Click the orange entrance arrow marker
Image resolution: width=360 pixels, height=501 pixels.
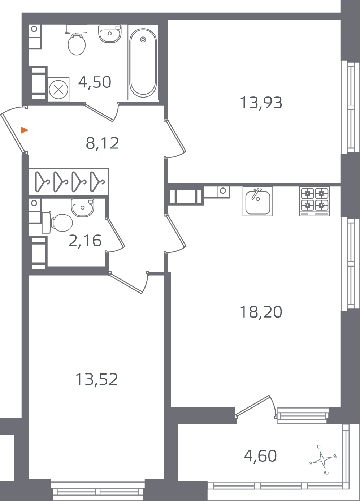coord(24,130)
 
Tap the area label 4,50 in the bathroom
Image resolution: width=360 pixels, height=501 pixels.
coord(95,82)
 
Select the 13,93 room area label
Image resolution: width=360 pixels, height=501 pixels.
coord(261,103)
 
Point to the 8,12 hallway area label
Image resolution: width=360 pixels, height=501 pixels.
coord(102,143)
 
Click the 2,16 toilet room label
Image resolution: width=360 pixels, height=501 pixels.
coord(85,241)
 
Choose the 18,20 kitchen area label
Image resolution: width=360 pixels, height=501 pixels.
coord(261,312)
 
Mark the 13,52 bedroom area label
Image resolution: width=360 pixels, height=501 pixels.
coord(97,379)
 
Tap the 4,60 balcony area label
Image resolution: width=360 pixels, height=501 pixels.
coord(260,456)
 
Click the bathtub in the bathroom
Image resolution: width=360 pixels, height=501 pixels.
coord(143,62)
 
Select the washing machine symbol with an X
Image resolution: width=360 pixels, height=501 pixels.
coord(58,90)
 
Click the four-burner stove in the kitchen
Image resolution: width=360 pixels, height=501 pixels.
coord(315,202)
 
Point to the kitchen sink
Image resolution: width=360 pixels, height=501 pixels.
coord(258,202)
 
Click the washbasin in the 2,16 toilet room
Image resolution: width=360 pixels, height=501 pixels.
coord(83,208)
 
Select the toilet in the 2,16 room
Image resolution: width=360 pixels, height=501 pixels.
coord(57,223)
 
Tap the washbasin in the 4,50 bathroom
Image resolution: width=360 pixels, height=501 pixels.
coord(110,34)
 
